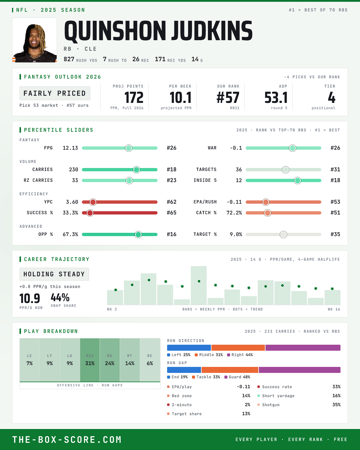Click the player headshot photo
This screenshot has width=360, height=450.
coord(34,40)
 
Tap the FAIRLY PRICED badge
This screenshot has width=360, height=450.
coord(55,93)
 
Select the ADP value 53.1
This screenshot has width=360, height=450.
coord(276,98)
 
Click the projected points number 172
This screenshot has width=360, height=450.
coord(134,98)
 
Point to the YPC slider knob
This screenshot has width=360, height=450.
coord(93,202)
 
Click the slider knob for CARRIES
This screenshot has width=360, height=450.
coord(136,169)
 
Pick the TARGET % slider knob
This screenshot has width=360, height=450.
coord(283,234)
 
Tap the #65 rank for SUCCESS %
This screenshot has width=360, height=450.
coord(172,213)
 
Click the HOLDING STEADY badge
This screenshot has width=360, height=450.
coord(54,274)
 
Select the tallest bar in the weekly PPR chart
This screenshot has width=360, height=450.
coord(199,285)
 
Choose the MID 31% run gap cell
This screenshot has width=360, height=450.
coord(90,360)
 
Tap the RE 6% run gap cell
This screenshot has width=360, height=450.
coord(150,360)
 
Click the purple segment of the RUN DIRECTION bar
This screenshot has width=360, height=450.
coord(303,347)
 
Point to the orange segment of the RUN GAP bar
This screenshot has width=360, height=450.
coord(230,370)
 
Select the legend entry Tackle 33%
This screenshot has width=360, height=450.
coord(206,377)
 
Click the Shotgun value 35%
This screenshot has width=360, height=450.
coord(336,405)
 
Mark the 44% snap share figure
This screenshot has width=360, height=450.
coord(60,297)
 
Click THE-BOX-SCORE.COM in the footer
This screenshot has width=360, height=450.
coord(67,439)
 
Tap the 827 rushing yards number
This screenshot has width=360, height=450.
coord(69,59)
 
